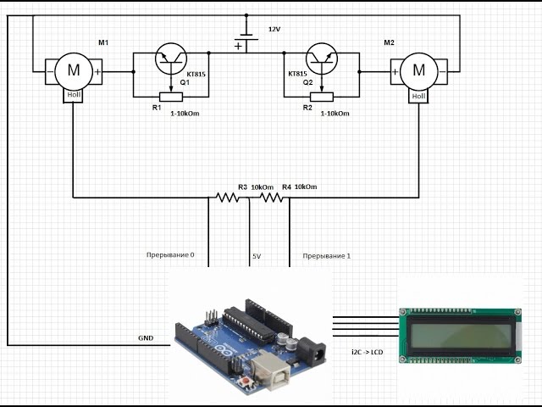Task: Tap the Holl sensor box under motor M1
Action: (x=73, y=96)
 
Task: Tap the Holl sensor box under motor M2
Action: (x=418, y=96)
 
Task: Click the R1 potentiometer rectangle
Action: (x=171, y=97)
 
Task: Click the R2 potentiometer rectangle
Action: (x=322, y=97)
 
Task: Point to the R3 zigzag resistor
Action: (x=227, y=198)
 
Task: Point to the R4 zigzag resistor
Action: (x=271, y=198)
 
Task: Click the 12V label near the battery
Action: (x=274, y=30)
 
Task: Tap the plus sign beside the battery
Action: (x=238, y=46)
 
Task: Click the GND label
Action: (x=146, y=338)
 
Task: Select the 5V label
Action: (x=257, y=256)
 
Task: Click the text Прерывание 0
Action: (x=170, y=255)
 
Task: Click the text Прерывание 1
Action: (x=327, y=256)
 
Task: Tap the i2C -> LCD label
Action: (x=367, y=353)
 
